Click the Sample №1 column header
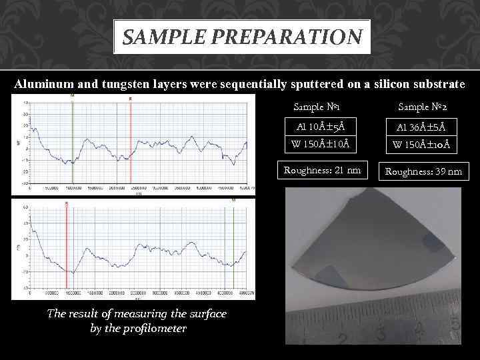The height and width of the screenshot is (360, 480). click(317, 107)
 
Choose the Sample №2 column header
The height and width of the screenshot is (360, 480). click(422, 107)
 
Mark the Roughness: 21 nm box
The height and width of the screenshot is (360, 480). click(322, 170)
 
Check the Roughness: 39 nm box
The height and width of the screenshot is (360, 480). click(423, 171)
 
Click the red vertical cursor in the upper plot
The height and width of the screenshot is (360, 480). click(130, 143)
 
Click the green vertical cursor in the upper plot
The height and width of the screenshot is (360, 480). click(72, 143)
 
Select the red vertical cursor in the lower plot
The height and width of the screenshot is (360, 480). click(67, 247)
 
